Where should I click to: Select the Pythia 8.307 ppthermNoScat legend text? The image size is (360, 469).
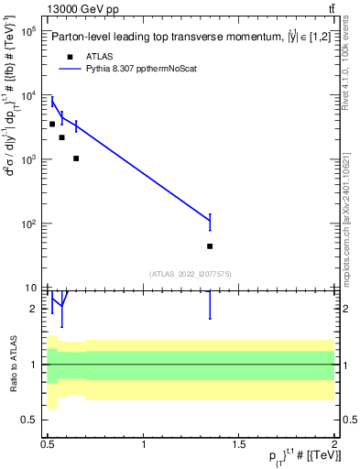coord(143,69)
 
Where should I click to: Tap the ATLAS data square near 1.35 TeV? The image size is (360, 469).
coord(210,246)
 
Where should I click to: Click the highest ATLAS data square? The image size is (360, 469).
coord(52,124)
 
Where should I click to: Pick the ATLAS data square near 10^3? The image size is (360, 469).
coord(76,158)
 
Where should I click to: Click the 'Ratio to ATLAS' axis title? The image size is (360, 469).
coord(13,364)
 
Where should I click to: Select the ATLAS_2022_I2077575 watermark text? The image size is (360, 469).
coord(190,273)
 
